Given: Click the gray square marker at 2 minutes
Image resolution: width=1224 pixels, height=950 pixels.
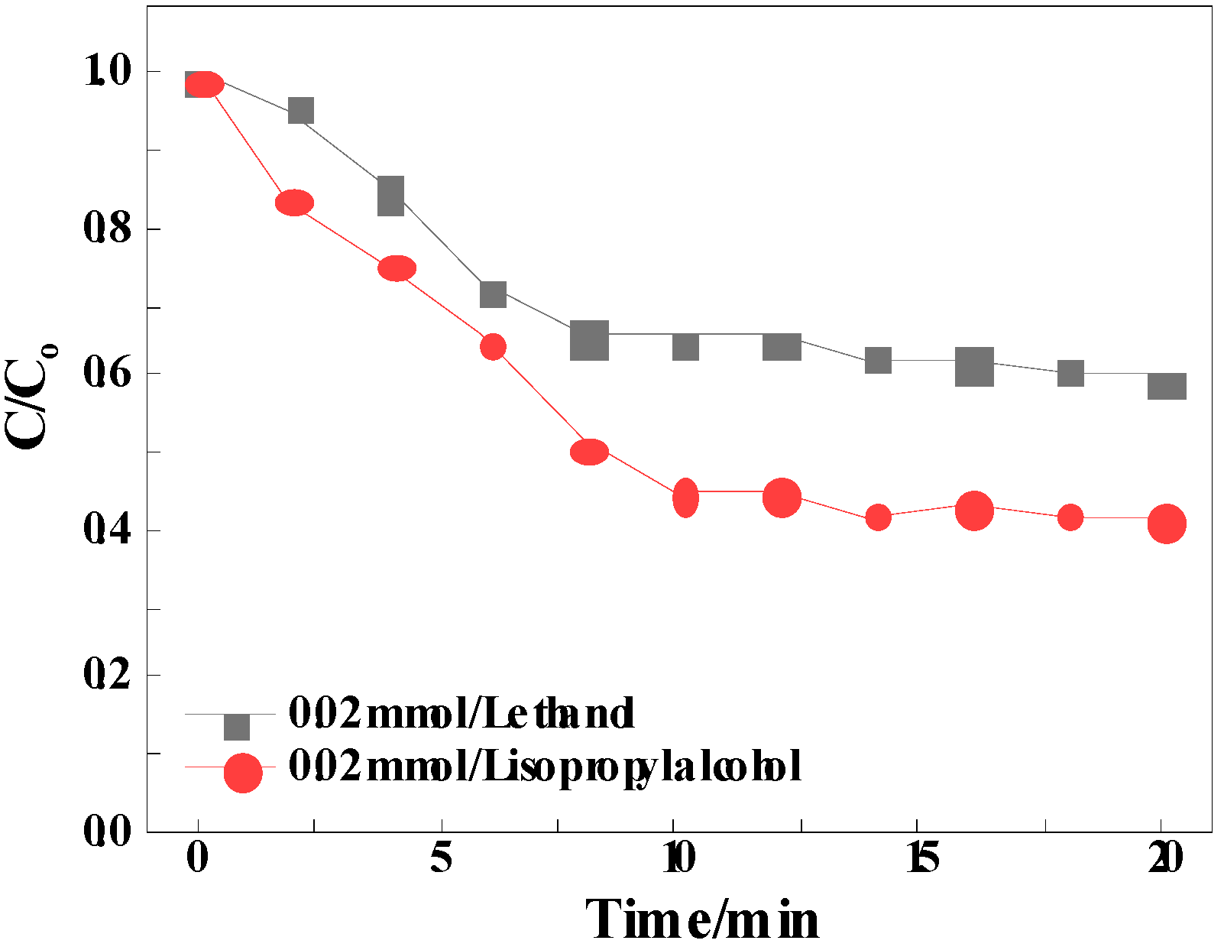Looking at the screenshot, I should [x=301, y=111].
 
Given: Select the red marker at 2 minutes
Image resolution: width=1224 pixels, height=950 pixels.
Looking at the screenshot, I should [x=294, y=203].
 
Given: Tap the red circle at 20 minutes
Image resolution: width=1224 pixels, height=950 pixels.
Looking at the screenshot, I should [x=1167, y=524].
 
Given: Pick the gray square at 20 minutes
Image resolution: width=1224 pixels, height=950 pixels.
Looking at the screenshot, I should [x=1167, y=387].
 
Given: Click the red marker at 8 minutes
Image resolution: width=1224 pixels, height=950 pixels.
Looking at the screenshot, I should [x=589, y=452].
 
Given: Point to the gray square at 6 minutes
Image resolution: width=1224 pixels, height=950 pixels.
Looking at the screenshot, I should [x=493, y=294].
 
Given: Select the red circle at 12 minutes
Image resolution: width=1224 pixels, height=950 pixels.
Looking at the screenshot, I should [x=782, y=498].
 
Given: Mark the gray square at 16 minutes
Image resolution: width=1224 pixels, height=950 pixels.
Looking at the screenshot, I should [x=974, y=366].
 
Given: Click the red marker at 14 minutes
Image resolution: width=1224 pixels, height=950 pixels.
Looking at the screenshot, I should [x=878, y=517].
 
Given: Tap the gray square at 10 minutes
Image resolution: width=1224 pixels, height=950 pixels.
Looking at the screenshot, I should [x=685, y=347].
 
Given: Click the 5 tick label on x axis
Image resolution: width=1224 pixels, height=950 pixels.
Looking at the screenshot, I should [x=441, y=858].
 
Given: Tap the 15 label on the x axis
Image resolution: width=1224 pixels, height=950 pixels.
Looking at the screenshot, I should [x=922, y=858].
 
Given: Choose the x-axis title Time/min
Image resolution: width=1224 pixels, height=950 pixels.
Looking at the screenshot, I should [x=701, y=919].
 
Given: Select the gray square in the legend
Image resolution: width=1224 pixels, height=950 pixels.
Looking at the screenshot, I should [x=237, y=727].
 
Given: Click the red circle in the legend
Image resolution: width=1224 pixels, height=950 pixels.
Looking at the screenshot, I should [x=243, y=773].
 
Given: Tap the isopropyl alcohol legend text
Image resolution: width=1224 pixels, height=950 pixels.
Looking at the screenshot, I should [x=544, y=766].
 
